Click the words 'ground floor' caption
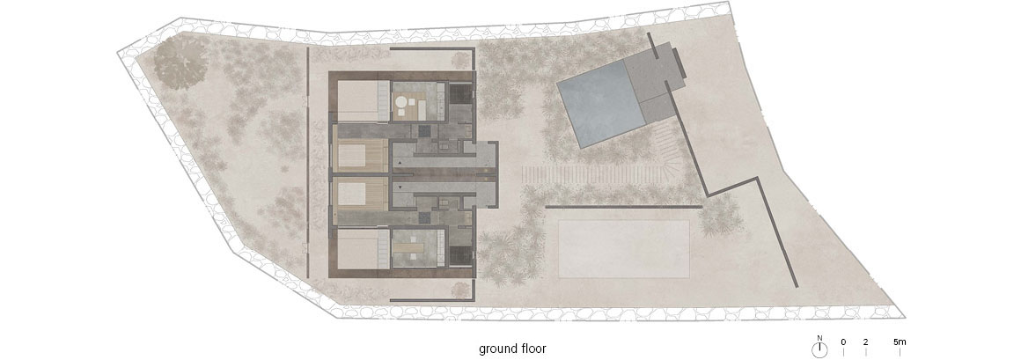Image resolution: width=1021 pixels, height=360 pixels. (512, 349)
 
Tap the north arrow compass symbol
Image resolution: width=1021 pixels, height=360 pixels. (819, 350)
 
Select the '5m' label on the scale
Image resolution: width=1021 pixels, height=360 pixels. (900, 342)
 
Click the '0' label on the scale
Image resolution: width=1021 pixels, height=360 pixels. (843, 342)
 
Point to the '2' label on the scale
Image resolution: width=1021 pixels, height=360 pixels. (865, 342)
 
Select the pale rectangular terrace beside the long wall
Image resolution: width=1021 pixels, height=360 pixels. (624, 249)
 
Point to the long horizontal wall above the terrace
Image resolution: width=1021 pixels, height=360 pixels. (623, 207)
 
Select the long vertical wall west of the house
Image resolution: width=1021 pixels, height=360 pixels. (307, 163)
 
